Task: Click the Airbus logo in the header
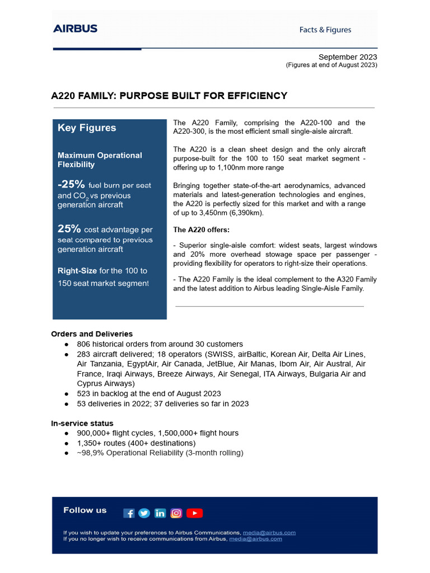tap(75, 29)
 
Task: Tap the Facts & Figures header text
tap(325, 30)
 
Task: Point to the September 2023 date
tap(348, 57)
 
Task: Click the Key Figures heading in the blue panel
tap(87, 128)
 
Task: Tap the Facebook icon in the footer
tap(129, 513)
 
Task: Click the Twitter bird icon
tap(144, 513)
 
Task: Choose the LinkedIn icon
tap(160, 513)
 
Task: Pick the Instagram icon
tap(176, 513)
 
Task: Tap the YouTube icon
tap(194, 513)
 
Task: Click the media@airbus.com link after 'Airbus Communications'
tap(269, 533)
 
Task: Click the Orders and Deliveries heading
tap(92, 334)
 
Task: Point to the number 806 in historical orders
tap(84, 344)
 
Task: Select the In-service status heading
tap(82, 423)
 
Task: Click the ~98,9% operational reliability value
tap(90, 453)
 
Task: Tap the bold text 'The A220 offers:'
tap(201, 229)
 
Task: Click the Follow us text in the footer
tap(85, 510)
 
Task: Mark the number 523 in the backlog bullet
tap(84, 393)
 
